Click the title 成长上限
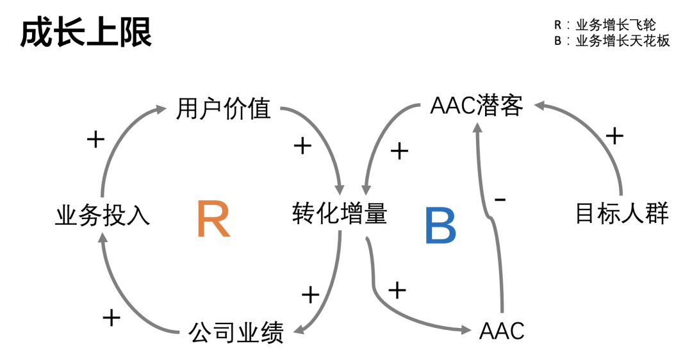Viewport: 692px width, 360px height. point(86,33)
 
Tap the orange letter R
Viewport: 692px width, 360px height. point(213,219)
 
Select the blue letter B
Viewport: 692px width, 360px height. point(440,226)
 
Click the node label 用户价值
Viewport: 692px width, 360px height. point(224,110)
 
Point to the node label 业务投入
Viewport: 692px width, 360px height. point(103,216)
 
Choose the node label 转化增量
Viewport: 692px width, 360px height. point(340,213)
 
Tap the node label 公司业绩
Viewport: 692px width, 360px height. point(236,332)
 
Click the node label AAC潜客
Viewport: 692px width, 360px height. point(477,106)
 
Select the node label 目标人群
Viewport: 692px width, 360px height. point(622,213)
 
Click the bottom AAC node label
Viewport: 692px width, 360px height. point(502,331)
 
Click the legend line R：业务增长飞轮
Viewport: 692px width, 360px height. point(605,25)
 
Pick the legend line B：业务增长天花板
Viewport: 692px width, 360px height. point(612,41)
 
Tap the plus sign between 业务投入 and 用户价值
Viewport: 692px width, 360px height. point(95,139)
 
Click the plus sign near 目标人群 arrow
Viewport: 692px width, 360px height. point(614,135)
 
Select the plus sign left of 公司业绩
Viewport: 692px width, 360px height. point(111,317)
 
